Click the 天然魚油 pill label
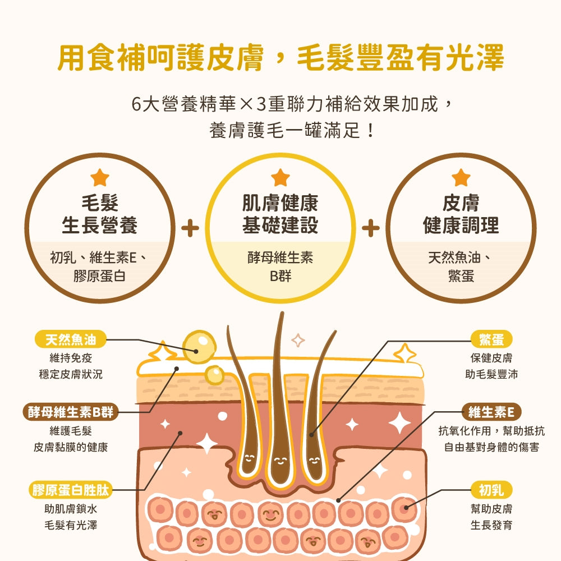coord(71,339)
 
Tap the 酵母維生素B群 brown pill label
coord(71,412)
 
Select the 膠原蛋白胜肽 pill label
coord(71,490)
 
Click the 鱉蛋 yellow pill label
coord(491,339)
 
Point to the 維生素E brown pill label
coord(491,412)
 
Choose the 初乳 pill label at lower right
coord(491,490)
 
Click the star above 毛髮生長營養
coord(100,177)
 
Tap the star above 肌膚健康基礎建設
coord(280,177)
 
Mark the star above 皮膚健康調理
coord(461,177)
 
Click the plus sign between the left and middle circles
coord(190,228)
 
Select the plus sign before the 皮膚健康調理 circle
coord(371,228)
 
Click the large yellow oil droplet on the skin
coord(199,347)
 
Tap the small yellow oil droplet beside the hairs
coord(214,375)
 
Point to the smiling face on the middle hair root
coord(280,461)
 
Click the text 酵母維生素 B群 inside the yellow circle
coord(280,266)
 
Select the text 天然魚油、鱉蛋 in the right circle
coord(461,266)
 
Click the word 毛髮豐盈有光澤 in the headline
coord(401,57)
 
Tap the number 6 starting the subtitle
coord(136,104)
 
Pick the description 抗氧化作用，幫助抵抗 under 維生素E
coord(491,431)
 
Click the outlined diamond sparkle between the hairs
coord(298,341)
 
